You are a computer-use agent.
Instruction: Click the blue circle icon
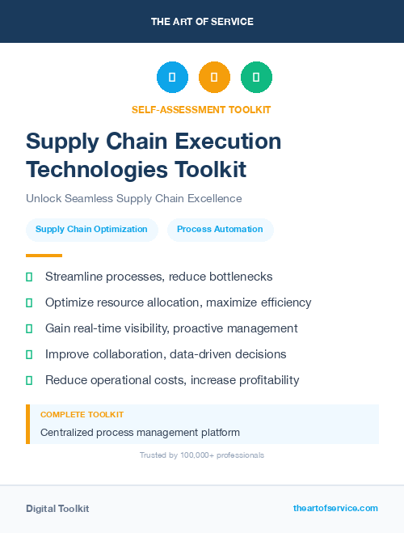172,77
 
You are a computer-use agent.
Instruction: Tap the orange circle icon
214,77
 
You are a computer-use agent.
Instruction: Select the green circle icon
256,77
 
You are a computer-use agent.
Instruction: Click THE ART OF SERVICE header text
202,22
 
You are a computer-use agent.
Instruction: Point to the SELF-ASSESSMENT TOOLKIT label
201,109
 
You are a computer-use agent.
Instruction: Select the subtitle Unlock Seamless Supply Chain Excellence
133,198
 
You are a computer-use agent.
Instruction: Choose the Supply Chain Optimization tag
91,230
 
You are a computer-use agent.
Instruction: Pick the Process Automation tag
220,230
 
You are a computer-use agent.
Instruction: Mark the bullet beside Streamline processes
29,277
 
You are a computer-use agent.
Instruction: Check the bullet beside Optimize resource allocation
29,302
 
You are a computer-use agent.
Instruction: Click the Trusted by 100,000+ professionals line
201,455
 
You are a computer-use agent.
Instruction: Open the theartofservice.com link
335,508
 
